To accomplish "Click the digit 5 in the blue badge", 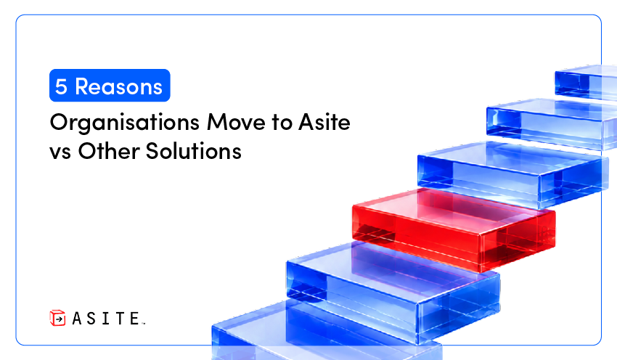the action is pos(61,86).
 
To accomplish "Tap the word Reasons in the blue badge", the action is pos(118,86).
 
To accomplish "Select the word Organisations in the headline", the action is pos(125,123).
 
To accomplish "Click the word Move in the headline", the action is pos(236,122).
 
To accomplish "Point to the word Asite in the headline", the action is pos(324,122).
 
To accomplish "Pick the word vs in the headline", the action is pos(60,152).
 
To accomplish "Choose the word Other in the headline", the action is pos(108,151).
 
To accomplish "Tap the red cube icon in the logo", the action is pos(57,318).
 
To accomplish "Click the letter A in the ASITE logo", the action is pos(77,319).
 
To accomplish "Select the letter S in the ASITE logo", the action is pos(91,319).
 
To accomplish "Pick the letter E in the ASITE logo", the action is pos(134,319).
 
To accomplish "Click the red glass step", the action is pos(454,229).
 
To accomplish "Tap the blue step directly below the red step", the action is pos(393,291).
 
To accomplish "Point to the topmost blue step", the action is pos(586,82).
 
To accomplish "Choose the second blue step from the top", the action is pos(552,123).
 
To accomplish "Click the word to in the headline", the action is pos(282,123).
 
